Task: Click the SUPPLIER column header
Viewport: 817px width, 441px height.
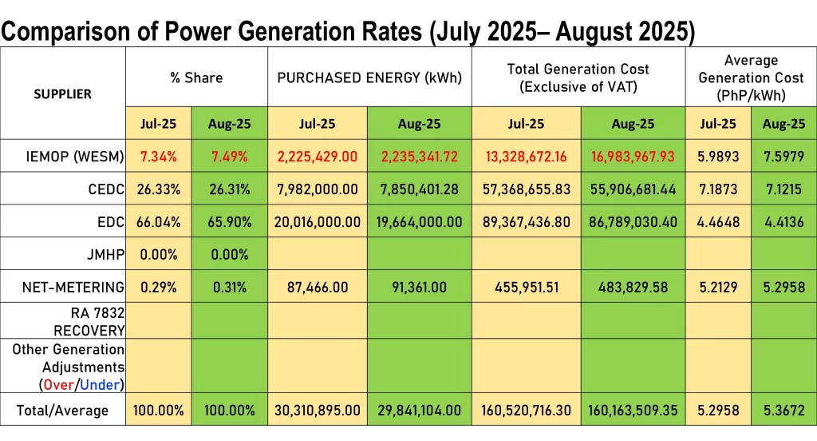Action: [x=62, y=93]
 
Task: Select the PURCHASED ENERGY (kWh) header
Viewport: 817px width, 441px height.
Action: [x=369, y=77]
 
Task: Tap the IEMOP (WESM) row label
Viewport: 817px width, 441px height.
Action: [x=70, y=157]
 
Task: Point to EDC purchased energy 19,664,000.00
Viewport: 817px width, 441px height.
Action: [x=418, y=221]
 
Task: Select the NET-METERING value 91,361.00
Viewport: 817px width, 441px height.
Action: [x=418, y=287]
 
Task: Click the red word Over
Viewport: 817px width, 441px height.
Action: [x=58, y=385]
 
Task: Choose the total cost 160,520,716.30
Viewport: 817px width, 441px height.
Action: [x=527, y=411]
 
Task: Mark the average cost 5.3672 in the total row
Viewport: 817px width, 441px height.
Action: [x=783, y=411]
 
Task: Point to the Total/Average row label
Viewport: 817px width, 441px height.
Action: [x=62, y=411]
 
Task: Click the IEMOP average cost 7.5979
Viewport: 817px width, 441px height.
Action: [x=783, y=157]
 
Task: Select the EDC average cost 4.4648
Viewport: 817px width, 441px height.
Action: [x=718, y=221]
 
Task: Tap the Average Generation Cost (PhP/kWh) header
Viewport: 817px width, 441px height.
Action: [x=751, y=77]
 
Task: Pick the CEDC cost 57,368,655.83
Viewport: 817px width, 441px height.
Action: [x=527, y=189]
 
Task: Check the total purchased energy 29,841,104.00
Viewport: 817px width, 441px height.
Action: [x=418, y=411]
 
